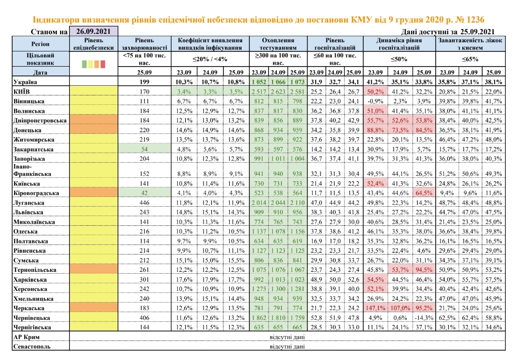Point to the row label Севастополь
(x=28, y=346)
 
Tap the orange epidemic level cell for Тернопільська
(x=94, y=270)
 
